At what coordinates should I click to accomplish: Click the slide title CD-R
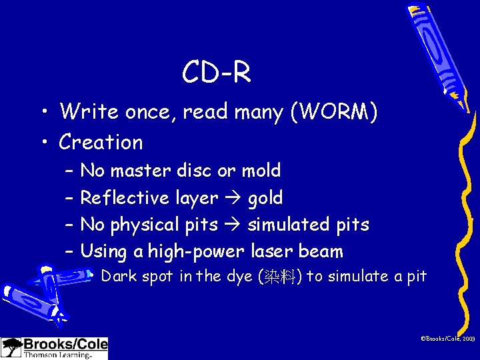click(217, 73)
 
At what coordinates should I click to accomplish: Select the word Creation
click(101, 142)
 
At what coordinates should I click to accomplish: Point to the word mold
click(261, 171)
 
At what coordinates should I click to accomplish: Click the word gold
click(265, 198)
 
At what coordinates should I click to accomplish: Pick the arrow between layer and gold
click(233, 199)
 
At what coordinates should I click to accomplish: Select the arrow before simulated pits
click(233, 225)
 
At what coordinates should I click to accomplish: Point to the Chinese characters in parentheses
click(277, 277)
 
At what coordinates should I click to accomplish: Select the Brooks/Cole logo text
click(65, 345)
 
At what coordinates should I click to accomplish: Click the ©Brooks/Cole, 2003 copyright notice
click(447, 339)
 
